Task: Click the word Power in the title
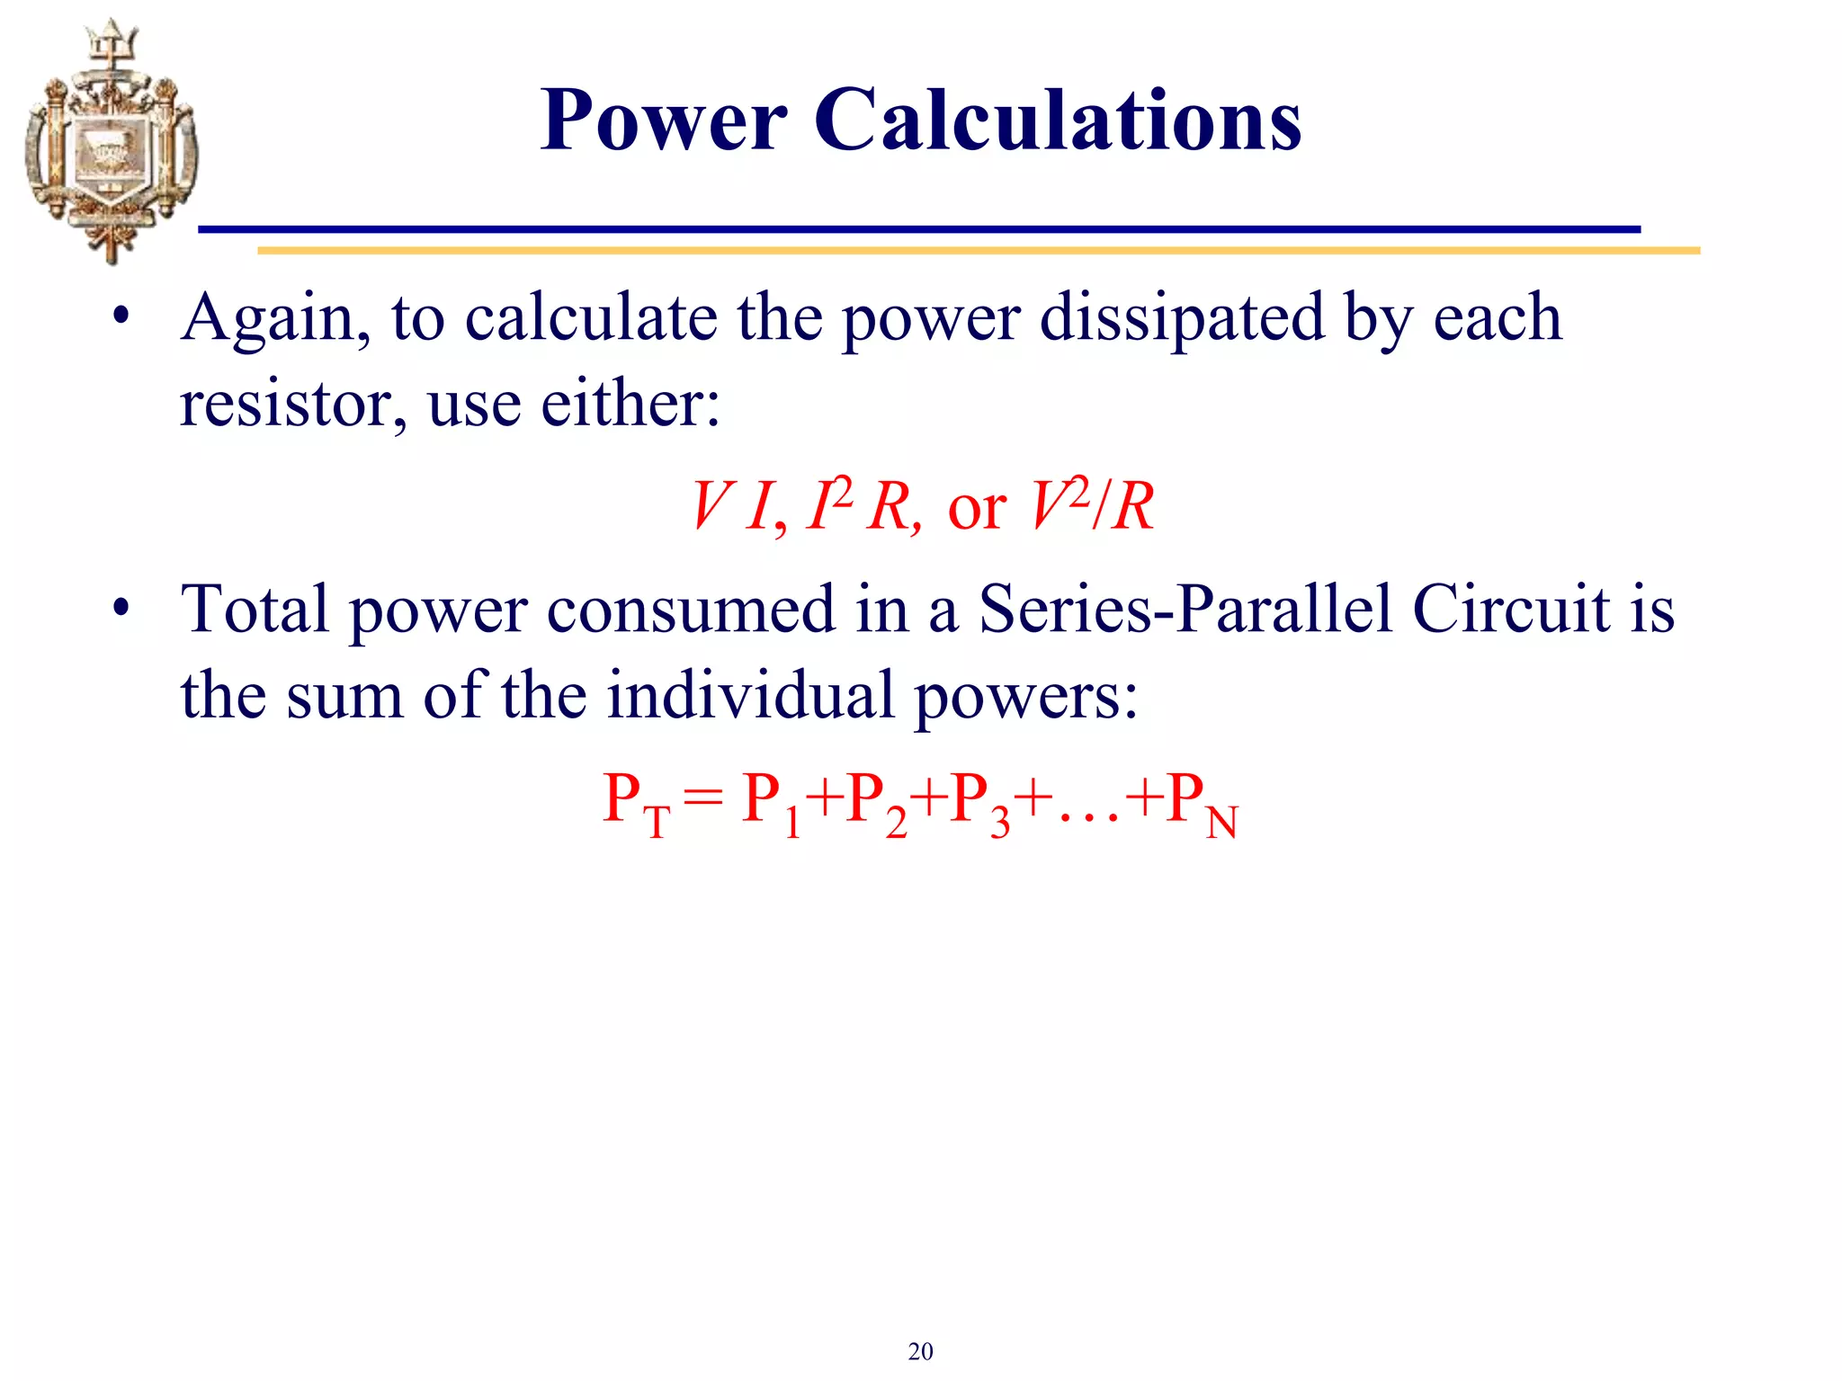[664, 120]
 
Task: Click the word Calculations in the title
[1058, 120]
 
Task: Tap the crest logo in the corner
[111, 142]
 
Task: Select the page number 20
[920, 1351]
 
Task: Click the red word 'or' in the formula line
[977, 509]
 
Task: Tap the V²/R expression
[1091, 505]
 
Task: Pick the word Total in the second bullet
[255, 610]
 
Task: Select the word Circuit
[1511, 610]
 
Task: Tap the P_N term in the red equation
[1201, 803]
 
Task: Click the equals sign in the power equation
[702, 798]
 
